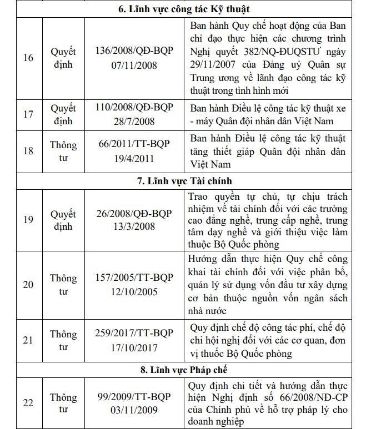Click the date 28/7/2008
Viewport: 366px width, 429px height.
pyautogui.click(x=134, y=121)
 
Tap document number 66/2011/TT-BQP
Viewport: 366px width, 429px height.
pyautogui.click(x=134, y=144)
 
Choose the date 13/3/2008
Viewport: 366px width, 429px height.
pyautogui.click(x=134, y=227)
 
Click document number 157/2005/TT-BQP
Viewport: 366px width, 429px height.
pyautogui.click(x=134, y=277)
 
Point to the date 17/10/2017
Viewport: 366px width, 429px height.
pyautogui.click(x=134, y=348)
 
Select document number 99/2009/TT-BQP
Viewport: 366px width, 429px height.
pyautogui.click(x=134, y=396)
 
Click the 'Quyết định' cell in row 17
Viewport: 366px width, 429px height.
pyautogui.click(x=63, y=114)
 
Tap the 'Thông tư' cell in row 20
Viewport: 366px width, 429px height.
pyautogui.click(x=63, y=284)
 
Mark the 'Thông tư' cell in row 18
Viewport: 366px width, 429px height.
pyautogui.click(x=63, y=151)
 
